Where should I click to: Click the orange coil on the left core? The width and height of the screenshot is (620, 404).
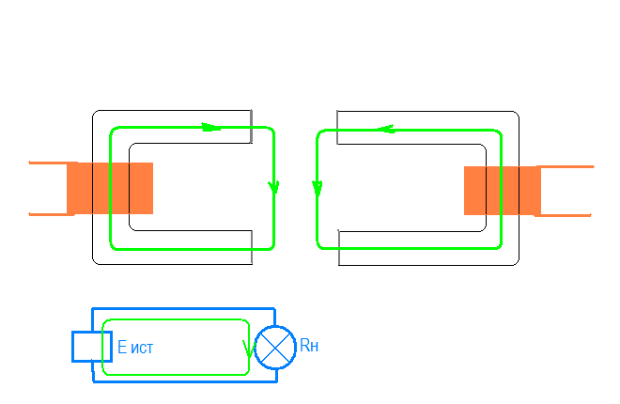110,188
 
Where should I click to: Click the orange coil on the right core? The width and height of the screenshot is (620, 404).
503,191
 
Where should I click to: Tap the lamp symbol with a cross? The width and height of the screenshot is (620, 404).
275,348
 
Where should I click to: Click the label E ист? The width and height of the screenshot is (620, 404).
135,348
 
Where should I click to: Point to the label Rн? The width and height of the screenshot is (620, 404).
309,347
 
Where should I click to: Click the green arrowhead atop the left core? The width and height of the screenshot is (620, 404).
212,127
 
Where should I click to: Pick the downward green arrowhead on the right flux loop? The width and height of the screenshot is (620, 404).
318,188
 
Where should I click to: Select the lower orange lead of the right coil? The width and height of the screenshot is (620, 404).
564,216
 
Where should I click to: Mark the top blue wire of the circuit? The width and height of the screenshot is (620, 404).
183,308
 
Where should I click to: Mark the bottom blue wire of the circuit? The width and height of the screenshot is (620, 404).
183,381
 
